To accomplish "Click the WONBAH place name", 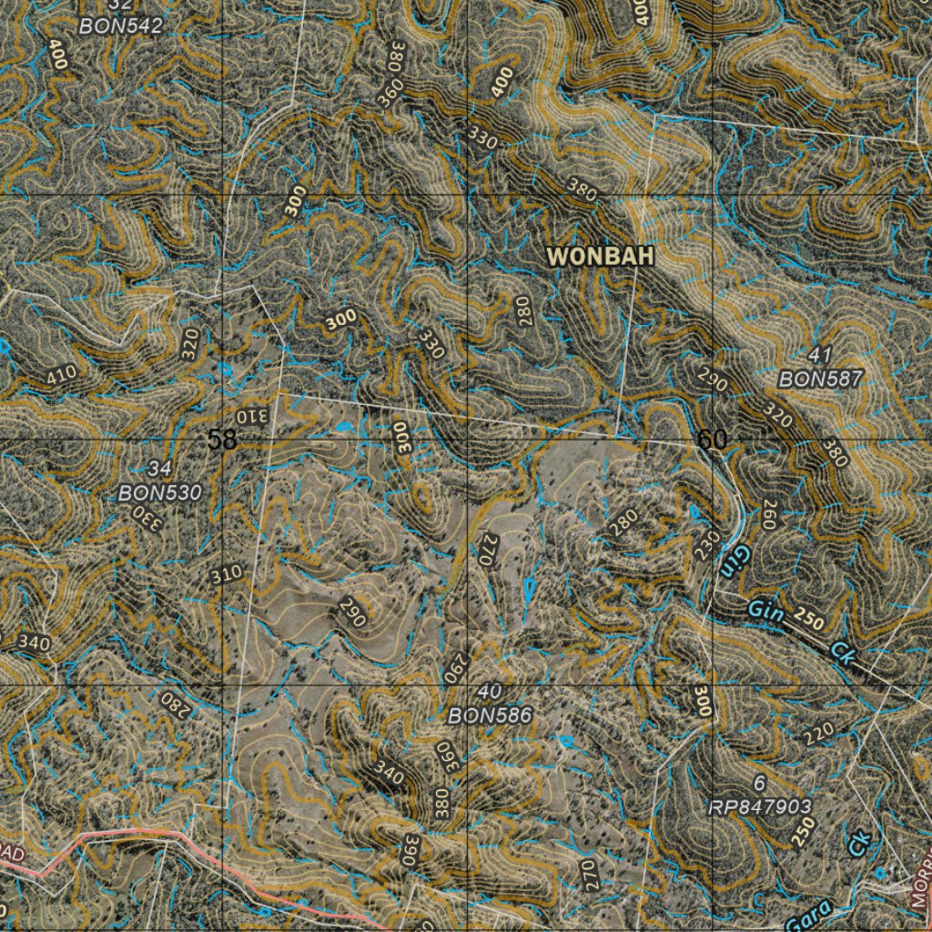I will point(601,257).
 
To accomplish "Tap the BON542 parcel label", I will point(120,26).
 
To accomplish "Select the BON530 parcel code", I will point(159,492).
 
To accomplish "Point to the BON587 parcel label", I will point(820,380).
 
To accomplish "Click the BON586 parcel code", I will point(490,716).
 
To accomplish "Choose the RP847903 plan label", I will point(760,807).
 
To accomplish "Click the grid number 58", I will point(222,441).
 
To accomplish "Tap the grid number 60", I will point(712,441).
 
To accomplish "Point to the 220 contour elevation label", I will point(818,733).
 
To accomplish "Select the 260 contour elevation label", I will point(770,515).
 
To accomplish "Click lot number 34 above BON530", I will point(159,469).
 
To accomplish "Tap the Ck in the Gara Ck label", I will point(859,844).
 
